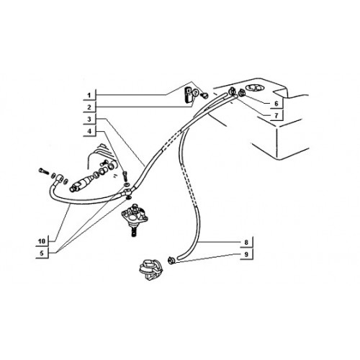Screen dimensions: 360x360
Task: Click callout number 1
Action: [x=89, y=96]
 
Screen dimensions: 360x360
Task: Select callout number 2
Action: [x=89, y=107]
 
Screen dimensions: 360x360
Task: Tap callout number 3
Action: [x=89, y=120]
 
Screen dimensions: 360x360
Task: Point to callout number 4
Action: [x=89, y=131]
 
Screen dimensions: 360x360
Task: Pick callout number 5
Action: [x=42, y=253]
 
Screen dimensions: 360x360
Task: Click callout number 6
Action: [x=276, y=104]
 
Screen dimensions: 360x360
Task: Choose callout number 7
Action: [x=276, y=116]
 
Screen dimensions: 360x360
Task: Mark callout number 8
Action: [x=246, y=242]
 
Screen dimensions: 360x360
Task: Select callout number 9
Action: [x=246, y=254]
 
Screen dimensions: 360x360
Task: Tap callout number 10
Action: [x=42, y=241]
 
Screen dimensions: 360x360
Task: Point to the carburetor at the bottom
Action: [x=150, y=269]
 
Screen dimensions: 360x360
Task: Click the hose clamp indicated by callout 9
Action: [x=171, y=260]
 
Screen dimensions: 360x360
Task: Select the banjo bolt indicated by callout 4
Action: [x=125, y=176]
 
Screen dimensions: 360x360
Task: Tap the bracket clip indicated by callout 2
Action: [x=189, y=95]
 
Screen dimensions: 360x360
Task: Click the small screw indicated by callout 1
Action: [x=205, y=96]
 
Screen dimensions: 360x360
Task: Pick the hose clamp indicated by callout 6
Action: [x=241, y=92]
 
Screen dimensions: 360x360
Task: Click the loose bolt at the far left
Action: [x=43, y=171]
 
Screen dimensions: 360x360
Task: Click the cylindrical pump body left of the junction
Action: [x=81, y=184]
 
